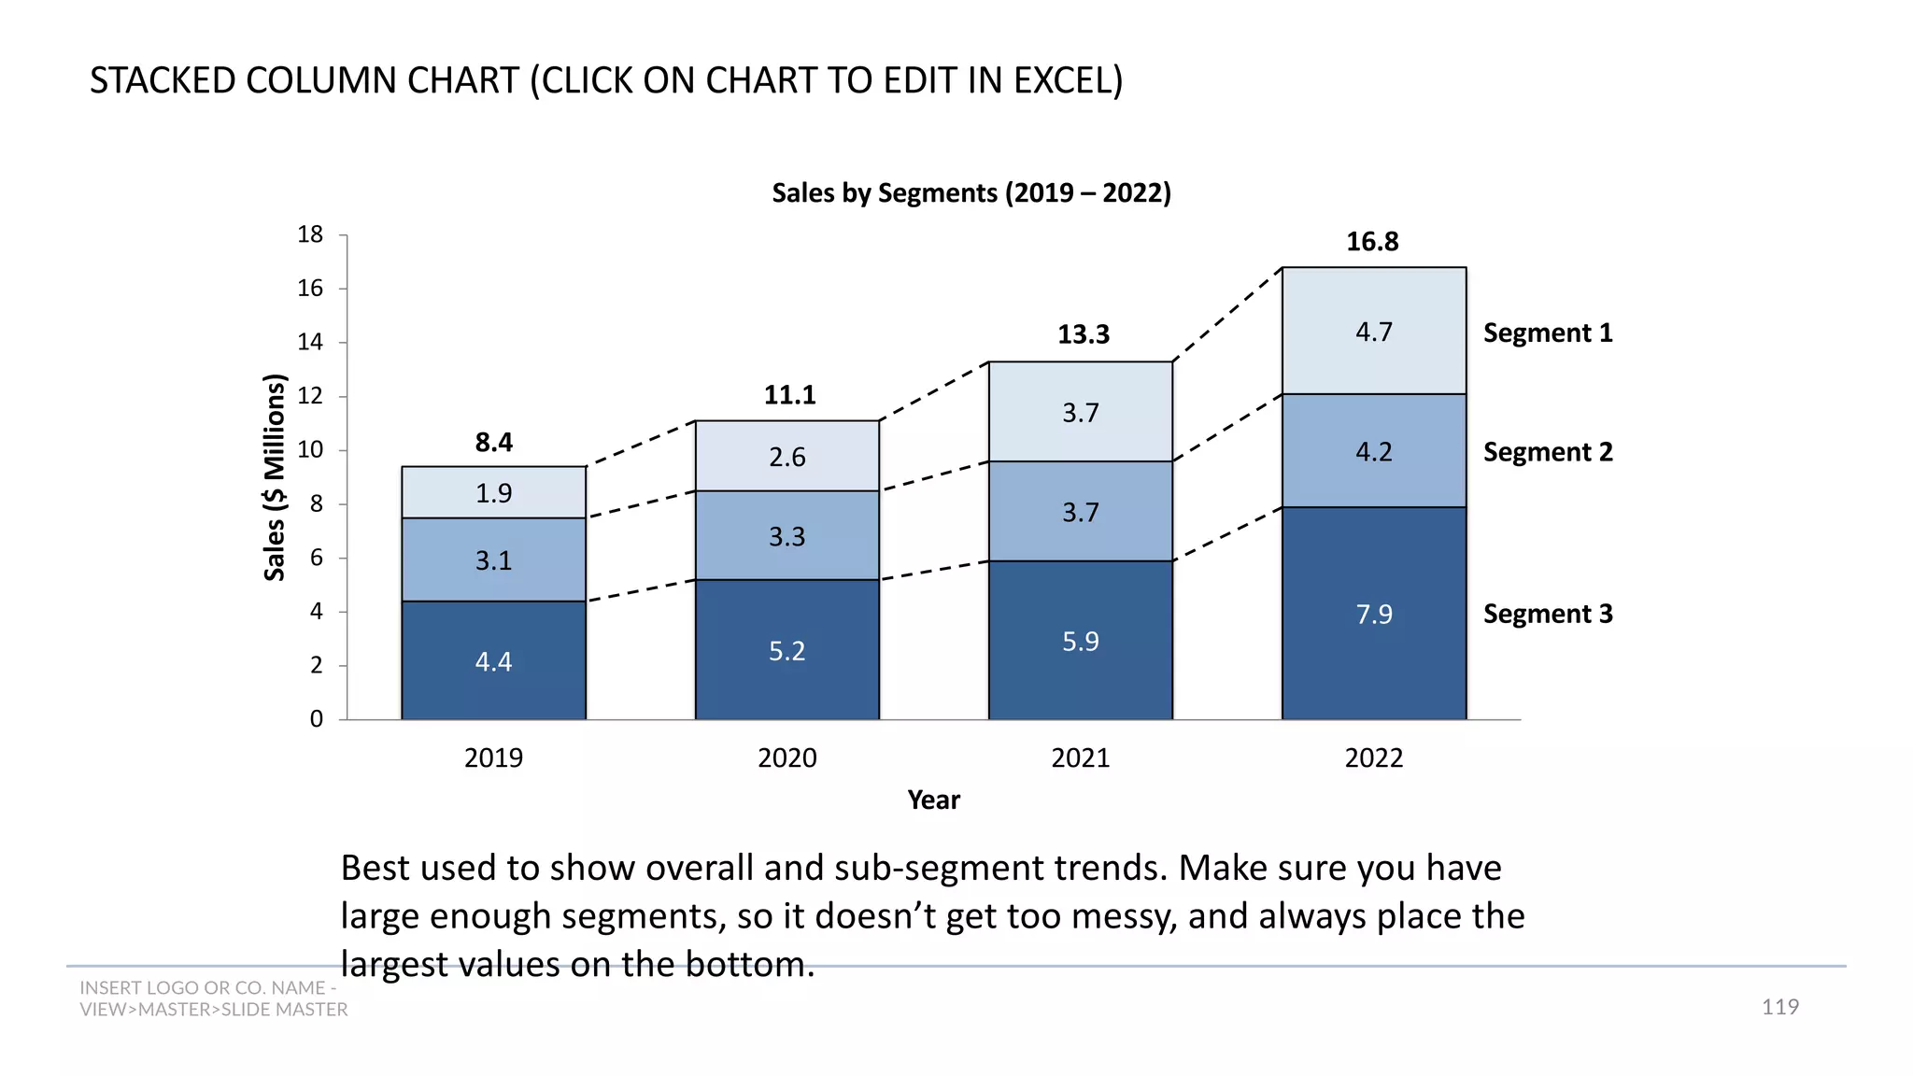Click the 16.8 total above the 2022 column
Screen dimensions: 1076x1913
tap(1371, 242)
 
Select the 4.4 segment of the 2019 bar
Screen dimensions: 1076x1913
tap(493, 661)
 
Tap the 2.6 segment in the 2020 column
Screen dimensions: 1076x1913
tap(786, 457)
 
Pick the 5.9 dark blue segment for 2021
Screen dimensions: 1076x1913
tap(1080, 641)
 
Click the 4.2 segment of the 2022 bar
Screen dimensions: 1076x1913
tap(1373, 452)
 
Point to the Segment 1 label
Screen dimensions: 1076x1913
tap(1547, 333)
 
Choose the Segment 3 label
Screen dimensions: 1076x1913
tap(1547, 615)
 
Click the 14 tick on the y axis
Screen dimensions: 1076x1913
tap(310, 343)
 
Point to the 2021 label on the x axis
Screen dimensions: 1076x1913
tap(1080, 757)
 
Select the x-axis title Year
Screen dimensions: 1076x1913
tap(933, 800)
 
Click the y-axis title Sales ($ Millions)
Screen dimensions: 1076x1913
tap(274, 477)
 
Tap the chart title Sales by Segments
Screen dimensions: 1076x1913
tap(971, 193)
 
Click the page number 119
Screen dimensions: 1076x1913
tap(1779, 1007)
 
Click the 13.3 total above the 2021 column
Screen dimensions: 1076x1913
tap(1083, 334)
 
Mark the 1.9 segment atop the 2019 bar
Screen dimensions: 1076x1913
tap(493, 493)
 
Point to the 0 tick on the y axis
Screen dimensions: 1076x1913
tap(317, 719)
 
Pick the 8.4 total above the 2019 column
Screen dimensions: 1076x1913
tap(493, 443)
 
